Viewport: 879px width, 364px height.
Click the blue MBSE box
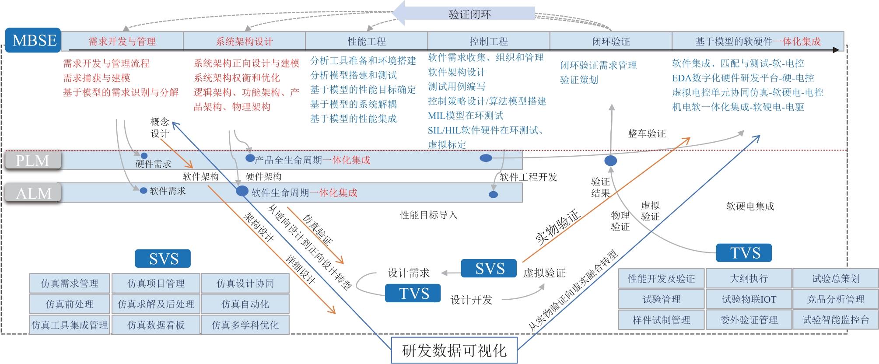pyautogui.click(x=34, y=40)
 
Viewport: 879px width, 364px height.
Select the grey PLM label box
pyautogui.click(x=33, y=161)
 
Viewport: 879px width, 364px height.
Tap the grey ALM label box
pyautogui.click(x=33, y=193)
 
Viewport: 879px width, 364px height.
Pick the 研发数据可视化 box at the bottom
pyautogui.click(x=454, y=350)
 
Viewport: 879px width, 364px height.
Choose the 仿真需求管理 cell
pyautogui.click(x=70, y=283)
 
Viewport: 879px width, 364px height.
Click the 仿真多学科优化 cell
pyautogui.click(x=245, y=325)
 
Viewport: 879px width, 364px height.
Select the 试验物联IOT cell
pyautogui.click(x=749, y=299)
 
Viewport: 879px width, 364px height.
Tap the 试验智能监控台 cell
pyautogui.click(x=835, y=320)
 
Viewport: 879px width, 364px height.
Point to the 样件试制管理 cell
pyautogui.click(x=661, y=320)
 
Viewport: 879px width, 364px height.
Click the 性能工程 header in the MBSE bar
pyautogui.click(x=366, y=42)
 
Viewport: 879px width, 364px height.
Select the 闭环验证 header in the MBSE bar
pyautogui.click(x=611, y=42)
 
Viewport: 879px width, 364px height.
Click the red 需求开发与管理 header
pyautogui.click(x=122, y=42)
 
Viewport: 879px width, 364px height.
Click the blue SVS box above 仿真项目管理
pyautogui.click(x=163, y=259)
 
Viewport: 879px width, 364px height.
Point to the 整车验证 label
pyautogui.click(x=647, y=134)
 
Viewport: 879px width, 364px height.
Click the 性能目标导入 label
pyautogui.click(x=428, y=215)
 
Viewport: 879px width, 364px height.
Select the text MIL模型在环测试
pyautogui.click(x=465, y=115)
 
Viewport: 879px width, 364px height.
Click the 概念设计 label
pyautogui.click(x=159, y=128)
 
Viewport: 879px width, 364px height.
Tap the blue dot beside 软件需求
pyautogui.click(x=143, y=190)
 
